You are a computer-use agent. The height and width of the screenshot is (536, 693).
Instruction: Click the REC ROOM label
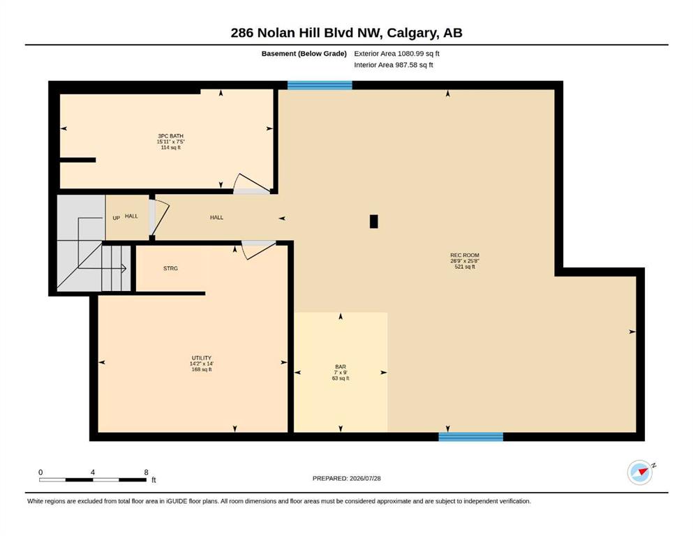(x=465, y=255)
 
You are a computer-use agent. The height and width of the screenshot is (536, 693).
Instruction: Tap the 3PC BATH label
(x=170, y=136)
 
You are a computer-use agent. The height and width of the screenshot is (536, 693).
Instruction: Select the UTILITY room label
(x=202, y=358)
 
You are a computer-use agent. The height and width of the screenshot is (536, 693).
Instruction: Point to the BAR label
(x=341, y=367)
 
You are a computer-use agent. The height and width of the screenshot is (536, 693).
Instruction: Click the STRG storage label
(x=170, y=268)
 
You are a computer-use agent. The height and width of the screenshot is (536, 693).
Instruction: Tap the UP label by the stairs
(x=117, y=218)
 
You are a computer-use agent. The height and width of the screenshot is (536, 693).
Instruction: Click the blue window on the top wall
(x=320, y=85)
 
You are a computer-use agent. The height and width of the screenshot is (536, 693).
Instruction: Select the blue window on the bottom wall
(x=470, y=437)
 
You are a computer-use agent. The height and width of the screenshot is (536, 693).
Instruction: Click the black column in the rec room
(x=374, y=221)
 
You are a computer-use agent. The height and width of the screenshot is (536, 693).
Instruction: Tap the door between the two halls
(x=160, y=218)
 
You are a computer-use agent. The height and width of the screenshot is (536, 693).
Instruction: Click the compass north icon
(x=641, y=472)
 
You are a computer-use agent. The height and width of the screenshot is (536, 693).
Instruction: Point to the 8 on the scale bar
(x=147, y=472)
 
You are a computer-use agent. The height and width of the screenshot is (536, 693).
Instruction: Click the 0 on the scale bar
(x=40, y=472)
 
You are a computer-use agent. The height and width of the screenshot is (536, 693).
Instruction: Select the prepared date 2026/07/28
(x=365, y=478)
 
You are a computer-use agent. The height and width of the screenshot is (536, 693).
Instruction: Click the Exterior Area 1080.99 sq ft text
(x=396, y=54)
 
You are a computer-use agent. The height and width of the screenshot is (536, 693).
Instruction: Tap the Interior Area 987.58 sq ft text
(x=394, y=65)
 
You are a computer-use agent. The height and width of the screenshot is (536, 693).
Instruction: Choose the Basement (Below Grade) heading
(x=304, y=54)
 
